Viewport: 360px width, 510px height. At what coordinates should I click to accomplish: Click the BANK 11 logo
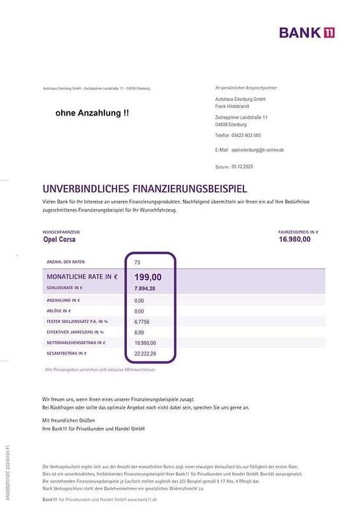tap(307, 33)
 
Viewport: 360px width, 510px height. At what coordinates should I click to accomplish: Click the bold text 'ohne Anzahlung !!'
tap(92, 113)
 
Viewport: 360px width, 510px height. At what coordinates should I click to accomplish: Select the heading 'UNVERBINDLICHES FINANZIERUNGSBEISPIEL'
tap(145, 189)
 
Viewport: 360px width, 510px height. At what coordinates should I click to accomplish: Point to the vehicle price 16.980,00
tap(294, 239)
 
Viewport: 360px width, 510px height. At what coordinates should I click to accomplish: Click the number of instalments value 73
tap(138, 262)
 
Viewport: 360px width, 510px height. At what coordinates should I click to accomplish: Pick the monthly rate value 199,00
tap(148, 277)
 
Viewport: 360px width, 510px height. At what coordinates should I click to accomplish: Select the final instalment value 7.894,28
tap(145, 288)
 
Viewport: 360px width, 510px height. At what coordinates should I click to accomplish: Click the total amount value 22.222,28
tap(145, 353)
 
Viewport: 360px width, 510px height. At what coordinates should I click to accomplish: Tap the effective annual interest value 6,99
tap(140, 332)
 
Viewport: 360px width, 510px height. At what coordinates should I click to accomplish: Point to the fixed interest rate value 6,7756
tap(143, 321)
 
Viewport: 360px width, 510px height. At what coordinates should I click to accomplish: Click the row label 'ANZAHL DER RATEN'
tap(66, 262)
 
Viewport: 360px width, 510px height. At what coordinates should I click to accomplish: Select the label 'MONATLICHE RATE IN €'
tap(82, 277)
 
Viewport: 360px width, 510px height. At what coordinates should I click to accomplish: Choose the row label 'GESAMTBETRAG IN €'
tap(66, 353)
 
